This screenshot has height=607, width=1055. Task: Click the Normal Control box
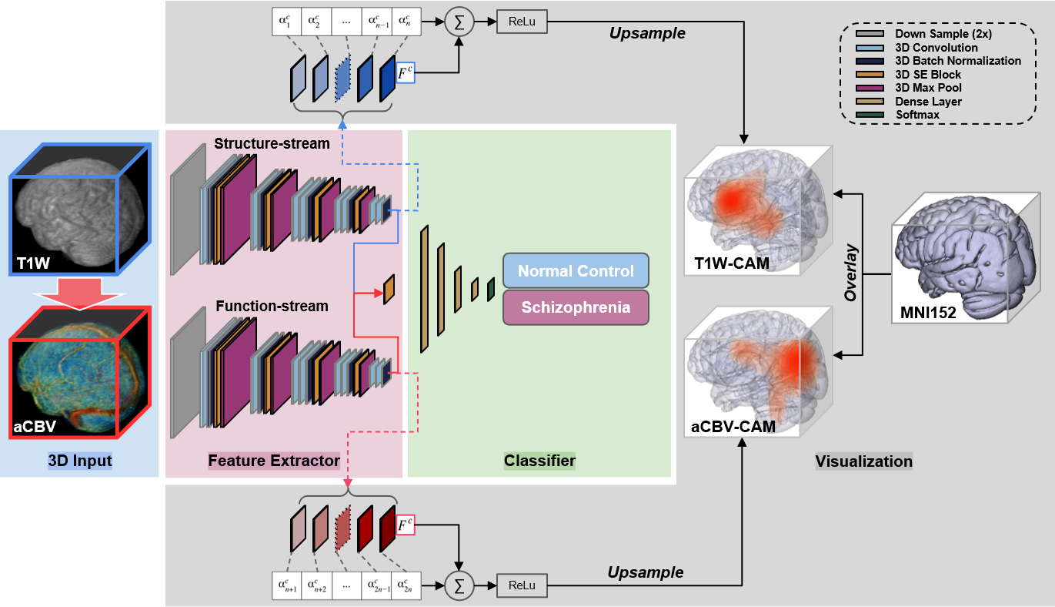576,271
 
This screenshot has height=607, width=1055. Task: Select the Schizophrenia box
576,307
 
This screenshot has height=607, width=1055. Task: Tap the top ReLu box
522,22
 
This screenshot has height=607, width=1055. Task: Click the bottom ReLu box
522,585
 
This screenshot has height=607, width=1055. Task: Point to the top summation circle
460,22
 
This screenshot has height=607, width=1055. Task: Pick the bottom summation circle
460,585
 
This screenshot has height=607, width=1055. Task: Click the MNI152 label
929,314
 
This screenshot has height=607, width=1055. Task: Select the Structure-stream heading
272,143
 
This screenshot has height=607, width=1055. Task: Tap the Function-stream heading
272,306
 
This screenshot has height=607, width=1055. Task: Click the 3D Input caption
80,461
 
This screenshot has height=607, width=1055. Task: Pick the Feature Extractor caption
274,461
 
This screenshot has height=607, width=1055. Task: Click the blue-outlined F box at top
405,73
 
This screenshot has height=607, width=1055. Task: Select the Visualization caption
863,461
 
